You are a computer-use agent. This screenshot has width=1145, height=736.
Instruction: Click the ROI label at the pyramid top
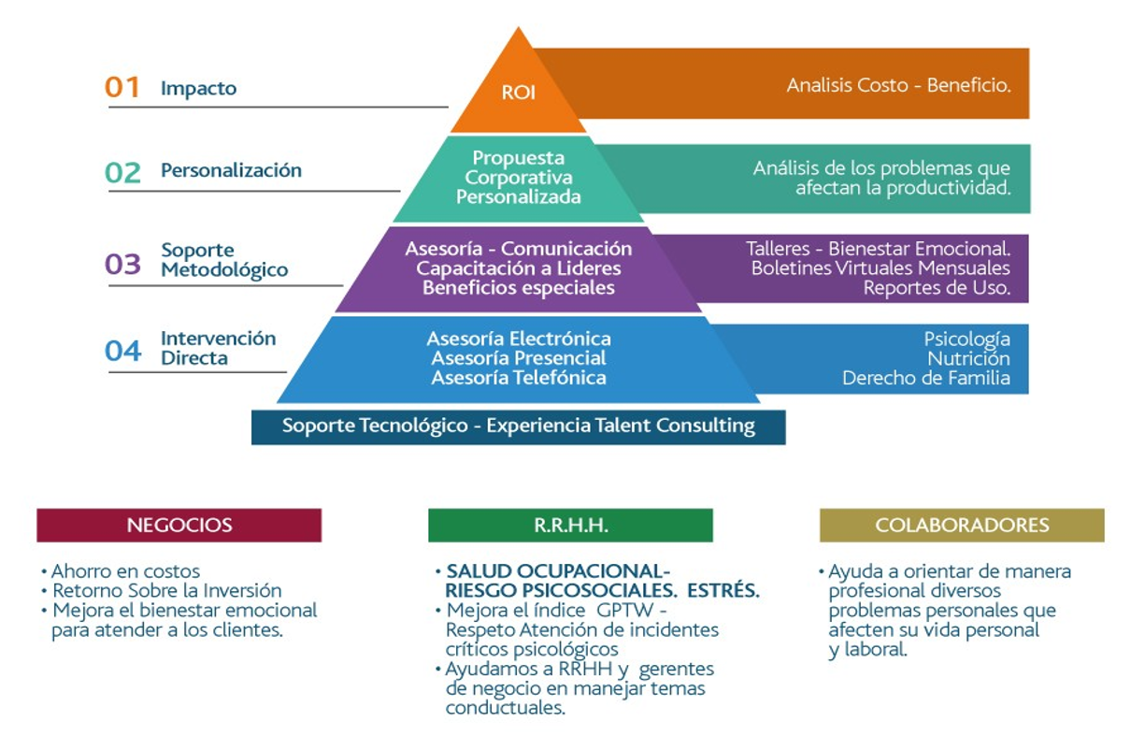[x=518, y=94]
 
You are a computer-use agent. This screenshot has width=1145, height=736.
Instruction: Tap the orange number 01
[x=122, y=87]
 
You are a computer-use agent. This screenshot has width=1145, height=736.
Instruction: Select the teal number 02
[x=122, y=172]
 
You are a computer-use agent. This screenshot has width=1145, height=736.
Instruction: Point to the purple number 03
[x=122, y=264]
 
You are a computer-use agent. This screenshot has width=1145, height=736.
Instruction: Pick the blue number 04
[x=122, y=351]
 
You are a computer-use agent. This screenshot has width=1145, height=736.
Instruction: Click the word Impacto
[x=198, y=89]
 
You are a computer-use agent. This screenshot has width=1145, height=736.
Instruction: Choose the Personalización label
[x=231, y=170]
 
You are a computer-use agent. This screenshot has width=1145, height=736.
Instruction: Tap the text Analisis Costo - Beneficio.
[x=898, y=85]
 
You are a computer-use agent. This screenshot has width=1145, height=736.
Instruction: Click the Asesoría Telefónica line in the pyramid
[x=519, y=378]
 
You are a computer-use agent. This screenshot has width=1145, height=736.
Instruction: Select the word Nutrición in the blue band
[x=968, y=358]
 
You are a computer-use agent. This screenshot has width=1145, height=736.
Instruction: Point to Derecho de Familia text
[x=925, y=378]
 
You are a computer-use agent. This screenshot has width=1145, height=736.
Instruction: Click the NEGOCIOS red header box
[x=179, y=526]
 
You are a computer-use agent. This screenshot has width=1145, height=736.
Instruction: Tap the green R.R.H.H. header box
[x=570, y=526]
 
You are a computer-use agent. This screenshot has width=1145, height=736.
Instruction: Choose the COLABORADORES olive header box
[x=961, y=526]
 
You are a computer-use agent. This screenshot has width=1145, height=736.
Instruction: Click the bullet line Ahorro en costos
[x=125, y=570]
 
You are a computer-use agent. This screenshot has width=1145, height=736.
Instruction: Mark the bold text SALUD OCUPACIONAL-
[x=558, y=570]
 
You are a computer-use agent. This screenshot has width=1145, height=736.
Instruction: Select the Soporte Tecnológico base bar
[x=518, y=426]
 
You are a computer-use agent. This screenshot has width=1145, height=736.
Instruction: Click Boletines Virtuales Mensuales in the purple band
[x=880, y=268]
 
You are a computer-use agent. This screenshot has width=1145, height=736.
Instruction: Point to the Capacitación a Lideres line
[x=519, y=268]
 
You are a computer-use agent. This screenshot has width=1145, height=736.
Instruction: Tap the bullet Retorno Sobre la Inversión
[x=166, y=590]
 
